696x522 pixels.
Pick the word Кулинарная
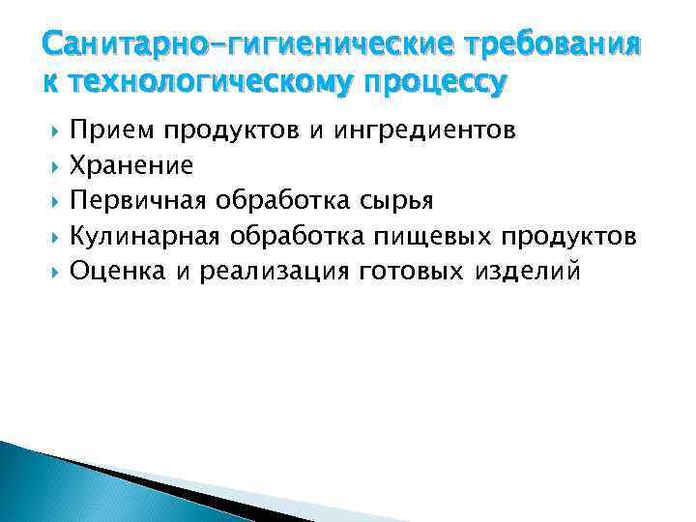(150, 235)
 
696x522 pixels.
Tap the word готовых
(412, 270)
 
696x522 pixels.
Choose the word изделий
(528, 270)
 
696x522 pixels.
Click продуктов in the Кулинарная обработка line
(573, 235)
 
